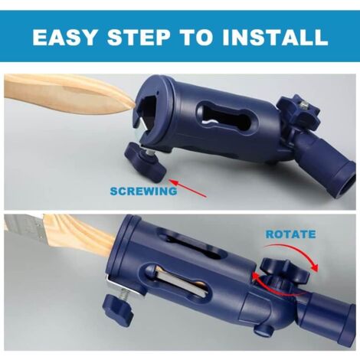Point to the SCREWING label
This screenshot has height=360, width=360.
coord(142,191)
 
